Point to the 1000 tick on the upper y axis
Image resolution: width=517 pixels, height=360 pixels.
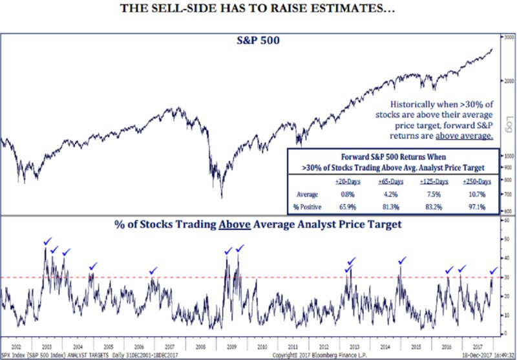point(508,156)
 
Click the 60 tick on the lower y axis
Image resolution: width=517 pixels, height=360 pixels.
point(507,220)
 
